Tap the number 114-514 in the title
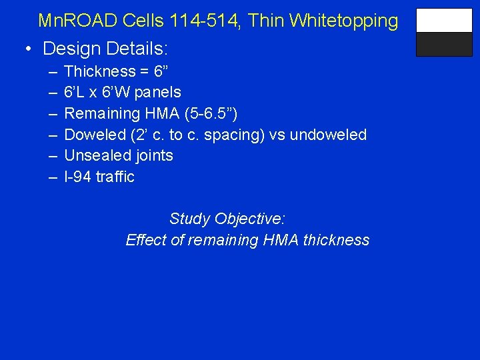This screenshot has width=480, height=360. click(x=197, y=21)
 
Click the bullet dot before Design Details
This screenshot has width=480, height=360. click(x=28, y=49)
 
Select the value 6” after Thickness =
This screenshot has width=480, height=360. click(x=161, y=71)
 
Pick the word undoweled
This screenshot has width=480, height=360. click(x=329, y=135)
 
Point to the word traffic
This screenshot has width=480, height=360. click(x=115, y=177)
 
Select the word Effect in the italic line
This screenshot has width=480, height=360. click(x=146, y=240)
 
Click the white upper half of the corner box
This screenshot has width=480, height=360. click(x=444, y=21)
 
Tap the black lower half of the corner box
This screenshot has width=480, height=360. click(x=444, y=45)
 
